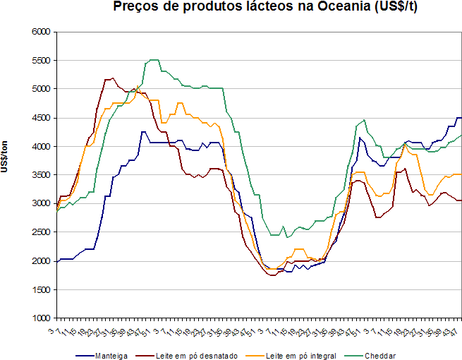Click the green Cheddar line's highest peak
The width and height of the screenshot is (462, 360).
coord(153,60)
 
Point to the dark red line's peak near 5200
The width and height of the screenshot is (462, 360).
coord(111,78)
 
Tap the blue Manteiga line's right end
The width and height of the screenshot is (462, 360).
coord(461,118)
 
